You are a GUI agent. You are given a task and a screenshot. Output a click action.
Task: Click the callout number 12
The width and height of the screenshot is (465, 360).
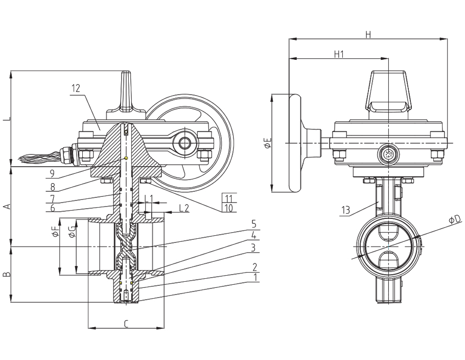(x=76, y=88)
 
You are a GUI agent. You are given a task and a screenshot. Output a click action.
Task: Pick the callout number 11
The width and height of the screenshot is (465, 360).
(x=227, y=197)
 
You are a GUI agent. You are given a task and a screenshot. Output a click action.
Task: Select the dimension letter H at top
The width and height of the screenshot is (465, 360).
(x=367, y=34)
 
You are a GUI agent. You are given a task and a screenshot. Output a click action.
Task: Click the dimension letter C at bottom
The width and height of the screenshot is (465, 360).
(x=126, y=323)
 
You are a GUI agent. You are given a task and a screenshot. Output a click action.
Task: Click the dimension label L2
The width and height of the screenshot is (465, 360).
(x=184, y=208)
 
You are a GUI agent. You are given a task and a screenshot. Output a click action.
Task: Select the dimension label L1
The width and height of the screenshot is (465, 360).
(x=149, y=198)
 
